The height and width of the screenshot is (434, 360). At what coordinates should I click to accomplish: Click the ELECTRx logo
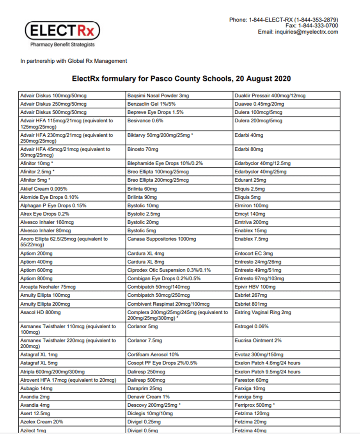click(62, 30)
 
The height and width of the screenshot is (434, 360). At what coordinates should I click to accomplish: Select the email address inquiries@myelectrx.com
click(306, 32)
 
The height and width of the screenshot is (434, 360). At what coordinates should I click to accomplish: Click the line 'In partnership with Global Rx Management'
click(74, 61)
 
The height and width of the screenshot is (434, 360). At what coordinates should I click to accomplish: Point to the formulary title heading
click(181, 79)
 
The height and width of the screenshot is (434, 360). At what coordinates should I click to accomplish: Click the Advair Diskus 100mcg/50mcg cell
click(53, 96)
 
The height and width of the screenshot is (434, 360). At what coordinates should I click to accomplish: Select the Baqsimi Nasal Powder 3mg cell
click(158, 96)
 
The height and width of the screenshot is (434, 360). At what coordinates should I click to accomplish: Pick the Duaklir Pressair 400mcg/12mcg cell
click(270, 96)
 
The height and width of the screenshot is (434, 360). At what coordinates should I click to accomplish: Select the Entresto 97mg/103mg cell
click(259, 278)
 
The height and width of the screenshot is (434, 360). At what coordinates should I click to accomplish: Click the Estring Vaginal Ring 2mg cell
click(262, 312)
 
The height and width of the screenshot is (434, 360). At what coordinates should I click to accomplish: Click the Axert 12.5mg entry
click(35, 413)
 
